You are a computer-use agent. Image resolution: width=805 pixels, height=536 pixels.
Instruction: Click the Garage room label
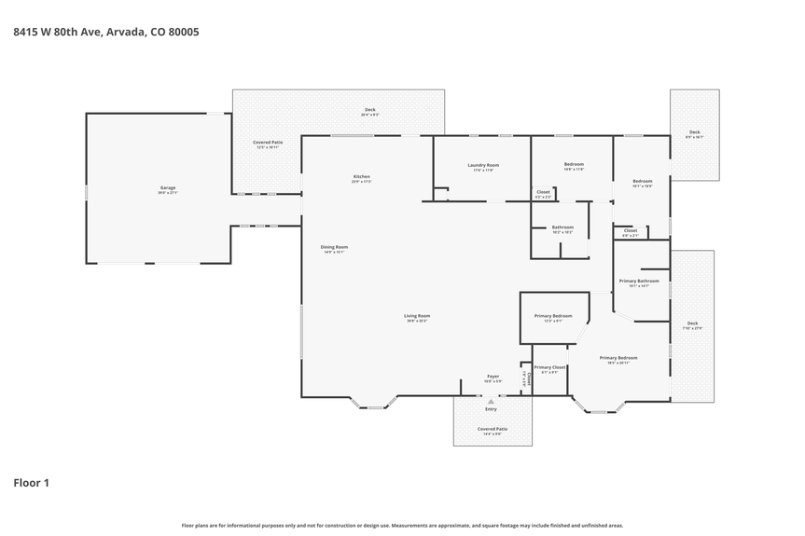(x=167, y=188)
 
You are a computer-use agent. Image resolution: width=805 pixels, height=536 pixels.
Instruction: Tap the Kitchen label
(x=361, y=177)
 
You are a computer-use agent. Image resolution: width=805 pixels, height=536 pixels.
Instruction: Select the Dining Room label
(x=335, y=247)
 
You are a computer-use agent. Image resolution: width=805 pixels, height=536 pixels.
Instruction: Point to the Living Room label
(x=417, y=316)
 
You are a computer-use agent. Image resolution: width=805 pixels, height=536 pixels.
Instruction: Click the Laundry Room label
(x=483, y=165)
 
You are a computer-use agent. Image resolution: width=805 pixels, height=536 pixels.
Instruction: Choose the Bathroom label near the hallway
(x=562, y=227)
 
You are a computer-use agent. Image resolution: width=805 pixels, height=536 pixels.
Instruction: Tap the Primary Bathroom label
(x=639, y=281)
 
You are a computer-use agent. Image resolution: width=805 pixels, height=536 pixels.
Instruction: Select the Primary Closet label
(x=549, y=367)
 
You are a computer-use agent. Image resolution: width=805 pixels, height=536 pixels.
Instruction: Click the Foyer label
(x=493, y=377)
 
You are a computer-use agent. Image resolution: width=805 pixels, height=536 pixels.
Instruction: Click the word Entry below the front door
(x=491, y=409)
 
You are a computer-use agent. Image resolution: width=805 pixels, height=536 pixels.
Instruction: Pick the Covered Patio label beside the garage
(x=268, y=143)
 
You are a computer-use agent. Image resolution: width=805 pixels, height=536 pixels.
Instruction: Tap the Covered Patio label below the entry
(x=491, y=429)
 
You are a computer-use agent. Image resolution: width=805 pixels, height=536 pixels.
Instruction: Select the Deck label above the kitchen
(x=369, y=110)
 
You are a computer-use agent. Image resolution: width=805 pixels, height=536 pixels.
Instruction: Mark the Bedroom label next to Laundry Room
(x=573, y=164)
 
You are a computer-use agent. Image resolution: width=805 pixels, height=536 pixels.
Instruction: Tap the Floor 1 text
(x=31, y=483)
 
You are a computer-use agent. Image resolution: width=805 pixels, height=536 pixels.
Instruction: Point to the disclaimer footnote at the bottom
(x=402, y=525)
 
